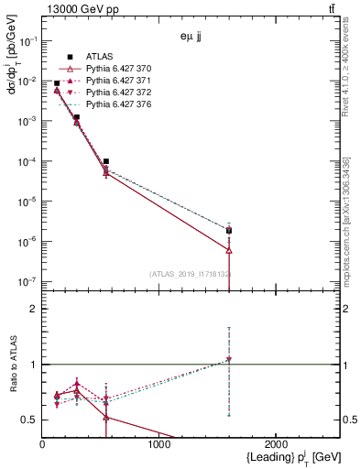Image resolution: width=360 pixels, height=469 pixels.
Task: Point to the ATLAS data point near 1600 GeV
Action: [x=229, y=230]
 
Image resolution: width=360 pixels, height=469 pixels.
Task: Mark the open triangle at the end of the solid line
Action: [x=229, y=249]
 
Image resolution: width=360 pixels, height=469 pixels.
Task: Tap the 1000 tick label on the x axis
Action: [x=159, y=444]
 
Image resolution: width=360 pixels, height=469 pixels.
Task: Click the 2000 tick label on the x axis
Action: [x=277, y=444]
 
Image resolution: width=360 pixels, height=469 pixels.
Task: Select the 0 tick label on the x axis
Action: [x=42, y=444]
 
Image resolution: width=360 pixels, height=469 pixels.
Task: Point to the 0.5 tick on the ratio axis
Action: [x=29, y=420]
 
